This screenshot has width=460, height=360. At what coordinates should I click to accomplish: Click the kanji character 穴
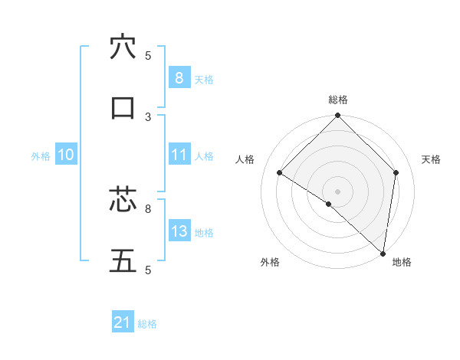(x=123, y=47)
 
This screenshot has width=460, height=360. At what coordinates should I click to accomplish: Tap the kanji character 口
(x=123, y=108)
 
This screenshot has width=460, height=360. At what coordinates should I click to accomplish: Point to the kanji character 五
(x=123, y=260)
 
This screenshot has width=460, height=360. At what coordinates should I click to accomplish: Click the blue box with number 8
(x=179, y=78)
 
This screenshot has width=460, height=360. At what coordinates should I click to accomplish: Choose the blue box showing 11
(x=179, y=155)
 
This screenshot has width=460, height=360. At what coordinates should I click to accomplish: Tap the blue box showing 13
(x=179, y=231)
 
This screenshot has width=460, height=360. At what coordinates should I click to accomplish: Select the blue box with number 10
(x=66, y=155)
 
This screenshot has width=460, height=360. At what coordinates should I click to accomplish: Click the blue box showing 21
(x=123, y=322)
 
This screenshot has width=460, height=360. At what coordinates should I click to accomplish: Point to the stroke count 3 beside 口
(x=148, y=116)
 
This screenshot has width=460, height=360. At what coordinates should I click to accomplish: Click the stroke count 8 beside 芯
(x=148, y=208)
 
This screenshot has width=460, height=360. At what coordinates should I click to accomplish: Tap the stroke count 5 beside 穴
(x=148, y=55)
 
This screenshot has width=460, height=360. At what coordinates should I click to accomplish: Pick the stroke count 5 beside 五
(x=148, y=269)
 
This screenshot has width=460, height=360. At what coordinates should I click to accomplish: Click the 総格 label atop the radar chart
(x=337, y=100)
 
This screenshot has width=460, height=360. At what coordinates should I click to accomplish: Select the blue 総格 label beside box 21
(x=147, y=324)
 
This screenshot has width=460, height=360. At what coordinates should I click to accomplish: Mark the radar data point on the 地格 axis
(x=382, y=253)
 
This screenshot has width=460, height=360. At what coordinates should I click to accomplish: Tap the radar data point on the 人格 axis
(x=280, y=173)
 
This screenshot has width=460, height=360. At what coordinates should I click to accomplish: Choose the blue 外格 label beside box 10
(x=41, y=156)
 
